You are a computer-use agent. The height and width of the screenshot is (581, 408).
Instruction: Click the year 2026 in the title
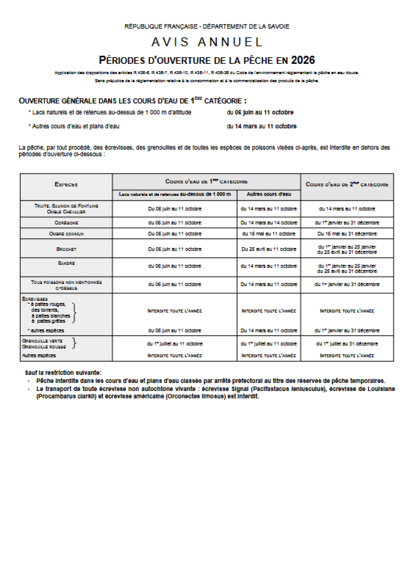pyautogui.click(x=303, y=60)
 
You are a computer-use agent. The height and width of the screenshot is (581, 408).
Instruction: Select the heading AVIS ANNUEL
pyautogui.click(x=207, y=42)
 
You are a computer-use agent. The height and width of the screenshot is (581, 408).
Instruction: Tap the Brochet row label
pyautogui.click(x=67, y=249)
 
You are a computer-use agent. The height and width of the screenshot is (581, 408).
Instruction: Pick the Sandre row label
pyautogui.click(x=67, y=263)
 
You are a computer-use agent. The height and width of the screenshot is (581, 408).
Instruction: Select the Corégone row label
pyautogui.click(x=67, y=223)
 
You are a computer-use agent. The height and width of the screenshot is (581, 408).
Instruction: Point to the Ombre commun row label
pyautogui.click(x=67, y=233)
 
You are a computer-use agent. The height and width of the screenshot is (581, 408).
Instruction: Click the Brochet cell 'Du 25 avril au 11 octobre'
pyautogui.click(x=269, y=249)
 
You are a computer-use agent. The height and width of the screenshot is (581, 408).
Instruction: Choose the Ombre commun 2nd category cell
pyautogui.click(x=347, y=233)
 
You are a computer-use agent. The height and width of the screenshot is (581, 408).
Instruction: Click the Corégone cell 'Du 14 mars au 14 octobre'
pyautogui.click(x=269, y=223)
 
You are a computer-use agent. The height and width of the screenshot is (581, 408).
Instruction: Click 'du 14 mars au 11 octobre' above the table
pyautogui.click(x=262, y=126)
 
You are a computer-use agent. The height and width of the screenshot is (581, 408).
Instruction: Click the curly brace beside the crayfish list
pyautogui.click(x=75, y=313)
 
